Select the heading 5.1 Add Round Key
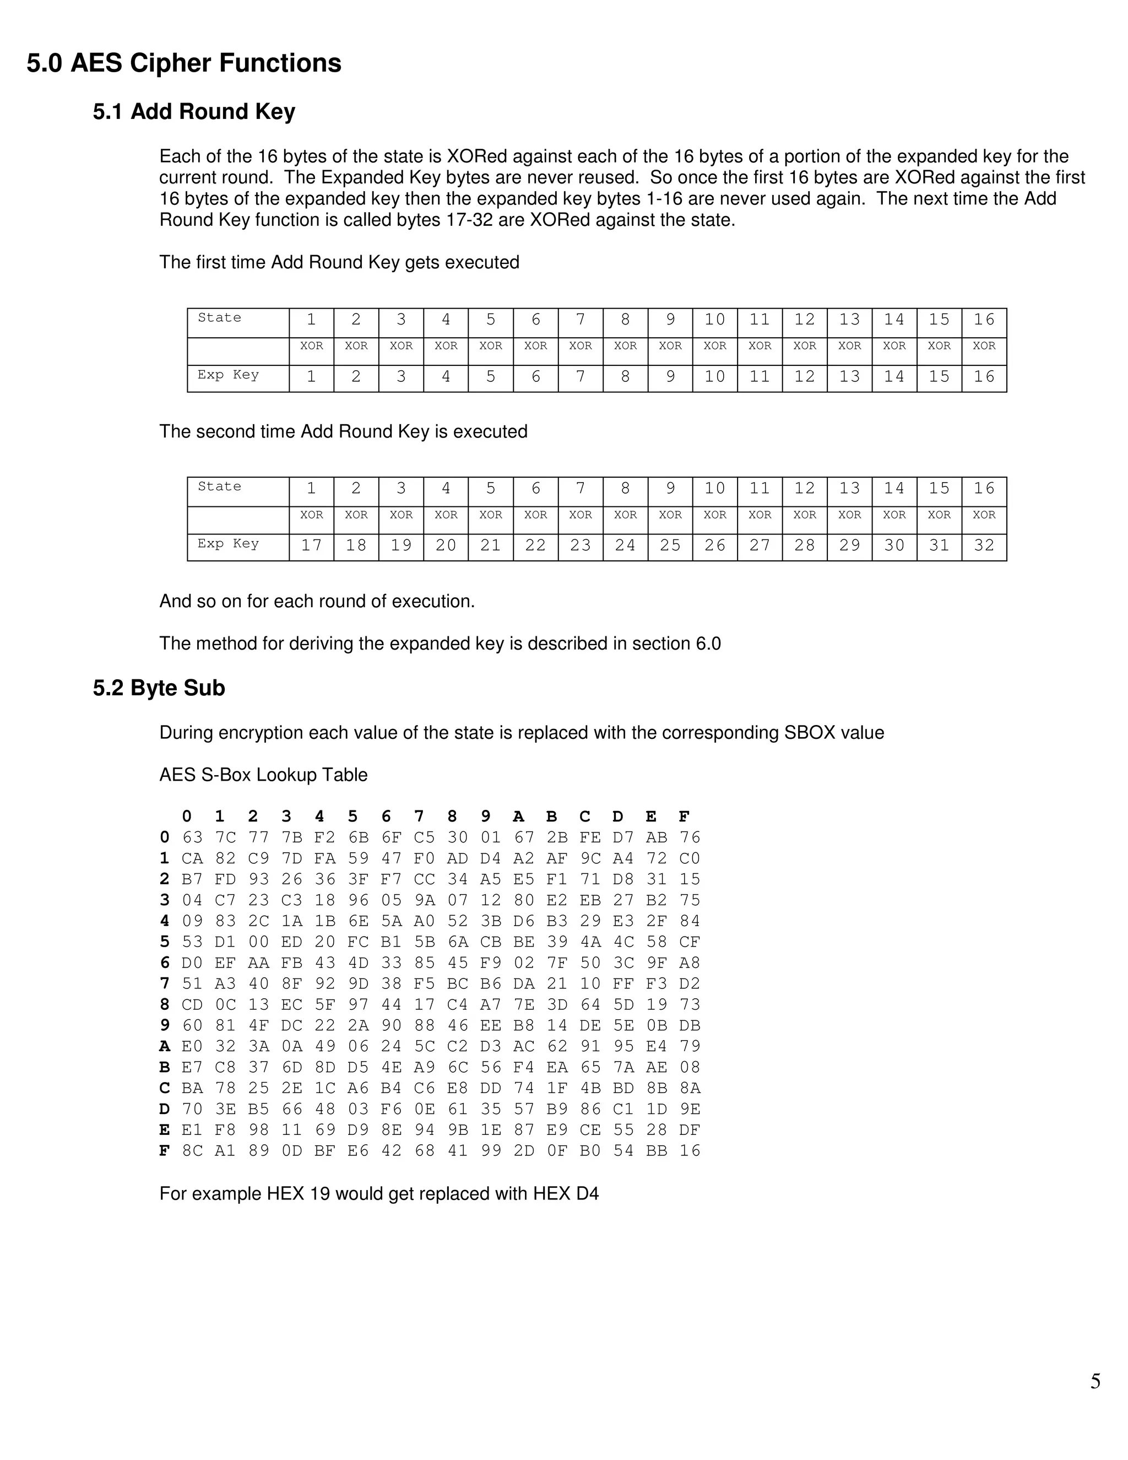tap(194, 112)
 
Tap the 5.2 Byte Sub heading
tap(159, 688)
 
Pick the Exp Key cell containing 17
tap(311, 545)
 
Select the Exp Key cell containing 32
tap(984, 545)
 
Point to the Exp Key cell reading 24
tap(625, 545)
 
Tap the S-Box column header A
tap(518, 816)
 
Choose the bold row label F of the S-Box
tap(164, 1150)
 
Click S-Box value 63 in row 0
tap(192, 837)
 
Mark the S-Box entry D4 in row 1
tap(491, 858)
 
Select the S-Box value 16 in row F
tap(690, 1150)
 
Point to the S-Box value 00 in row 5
tap(259, 942)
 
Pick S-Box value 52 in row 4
tap(458, 921)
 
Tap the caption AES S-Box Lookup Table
tap(263, 775)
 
